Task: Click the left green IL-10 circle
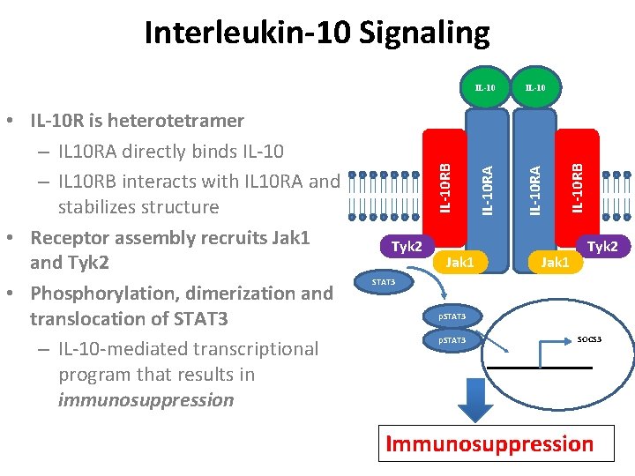click(x=485, y=87)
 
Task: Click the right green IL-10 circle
click(x=536, y=87)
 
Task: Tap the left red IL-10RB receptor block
click(x=444, y=188)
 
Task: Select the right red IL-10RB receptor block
click(x=577, y=188)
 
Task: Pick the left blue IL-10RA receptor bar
click(x=487, y=190)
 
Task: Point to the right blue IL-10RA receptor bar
click(x=534, y=190)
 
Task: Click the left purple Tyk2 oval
click(x=407, y=246)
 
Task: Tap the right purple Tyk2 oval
click(x=603, y=246)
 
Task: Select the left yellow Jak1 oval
click(x=460, y=262)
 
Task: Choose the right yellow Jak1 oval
click(x=556, y=262)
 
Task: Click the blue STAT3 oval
click(x=384, y=282)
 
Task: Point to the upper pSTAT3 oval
click(x=452, y=316)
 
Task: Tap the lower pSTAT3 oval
click(x=452, y=340)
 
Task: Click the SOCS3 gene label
click(x=589, y=339)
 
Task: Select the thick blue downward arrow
click(x=475, y=400)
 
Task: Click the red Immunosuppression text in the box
click(x=489, y=443)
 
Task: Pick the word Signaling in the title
click(x=424, y=33)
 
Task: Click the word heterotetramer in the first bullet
click(x=176, y=120)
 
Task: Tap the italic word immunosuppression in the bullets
click(x=146, y=400)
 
